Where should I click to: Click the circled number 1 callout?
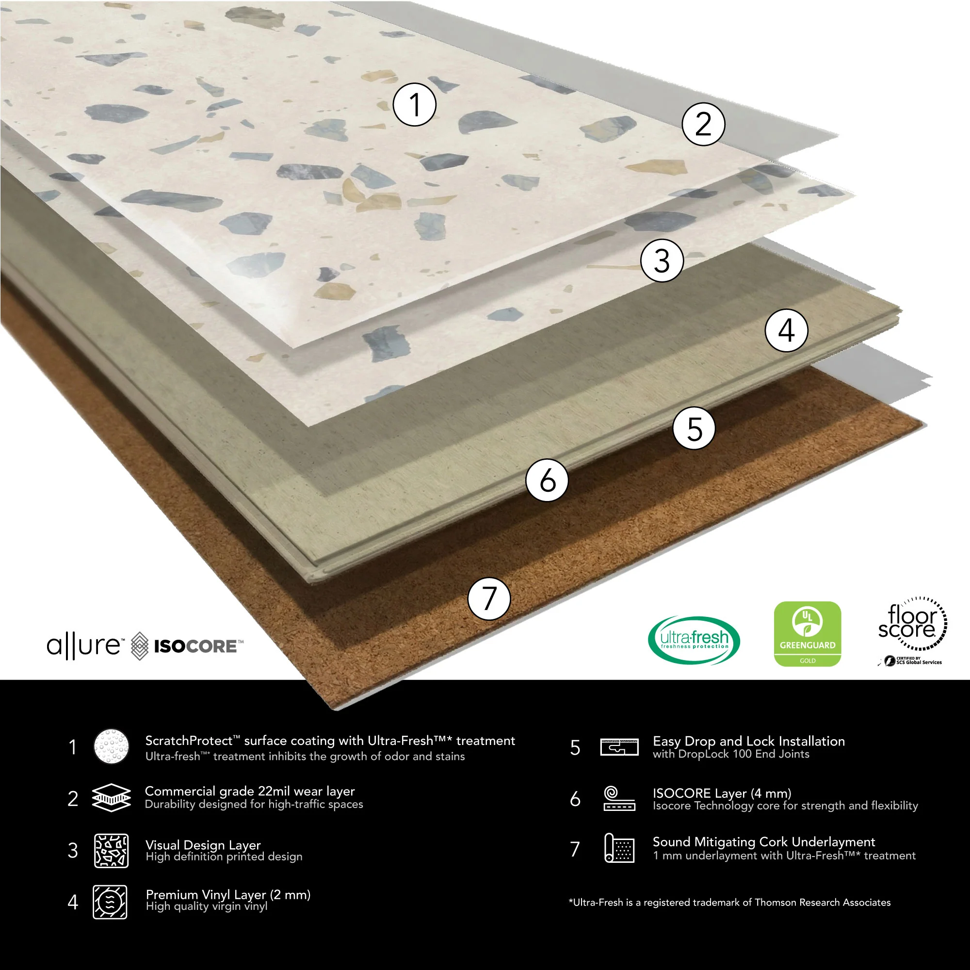pyautogui.click(x=414, y=104)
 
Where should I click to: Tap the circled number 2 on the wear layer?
pyautogui.click(x=703, y=124)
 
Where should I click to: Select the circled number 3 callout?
pyautogui.click(x=662, y=260)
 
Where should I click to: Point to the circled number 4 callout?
pyautogui.click(x=786, y=330)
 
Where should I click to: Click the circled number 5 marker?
pyautogui.click(x=695, y=428)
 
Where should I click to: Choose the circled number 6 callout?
pyautogui.click(x=547, y=480)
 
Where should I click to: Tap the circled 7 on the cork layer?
pyautogui.click(x=489, y=598)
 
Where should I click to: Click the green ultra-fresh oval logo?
pyautogui.click(x=694, y=640)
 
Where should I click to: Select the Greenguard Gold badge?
pyautogui.click(x=808, y=633)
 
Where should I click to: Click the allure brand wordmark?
pyautogui.click(x=84, y=646)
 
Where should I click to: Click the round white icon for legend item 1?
pyautogui.click(x=112, y=746)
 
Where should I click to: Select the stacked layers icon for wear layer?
pyautogui.click(x=112, y=798)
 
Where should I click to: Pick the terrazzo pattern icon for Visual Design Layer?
pyautogui.click(x=112, y=851)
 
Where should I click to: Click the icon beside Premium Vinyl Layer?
pyautogui.click(x=110, y=902)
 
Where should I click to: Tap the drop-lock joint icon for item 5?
pyautogui.click(x=619, y=747)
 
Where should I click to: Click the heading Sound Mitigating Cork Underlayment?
pyautogui.click(x=764, y=842)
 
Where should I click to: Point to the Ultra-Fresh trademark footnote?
pyautogui.click(x=729, y=902)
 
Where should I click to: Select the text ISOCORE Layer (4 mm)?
pyautogui.click(x=722, y=793)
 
